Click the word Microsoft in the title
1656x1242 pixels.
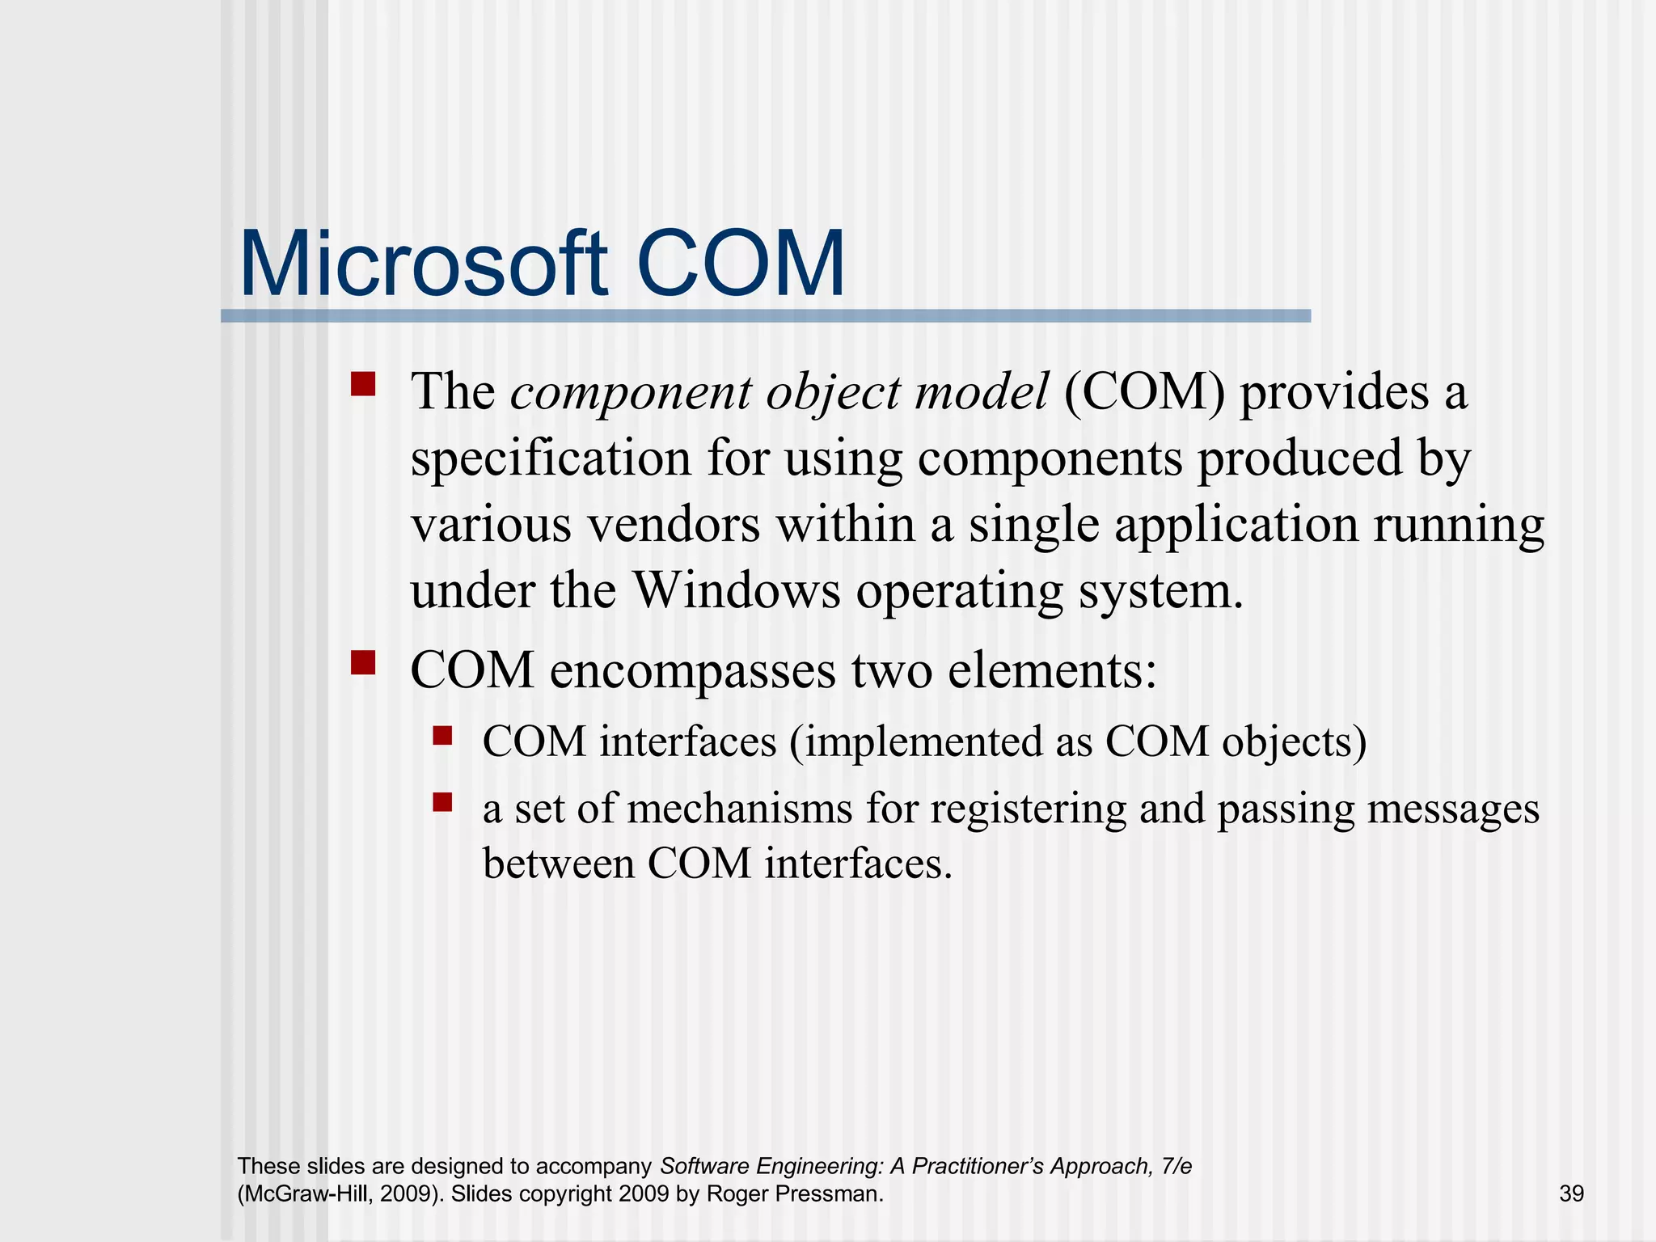click(x=422, y=265)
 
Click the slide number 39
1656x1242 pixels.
click(x=1571, y=1193)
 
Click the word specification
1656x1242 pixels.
click(x=550, y=458)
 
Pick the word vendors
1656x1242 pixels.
click(x=674, y=524)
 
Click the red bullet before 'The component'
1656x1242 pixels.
click(x=363, y=383)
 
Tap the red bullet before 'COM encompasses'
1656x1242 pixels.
click(x=363, y=662)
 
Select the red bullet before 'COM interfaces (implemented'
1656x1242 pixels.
click(x=442, y=735)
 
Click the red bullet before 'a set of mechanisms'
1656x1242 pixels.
click(x=442, y=801)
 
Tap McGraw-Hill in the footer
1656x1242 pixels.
click(x=303, y=1193)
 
